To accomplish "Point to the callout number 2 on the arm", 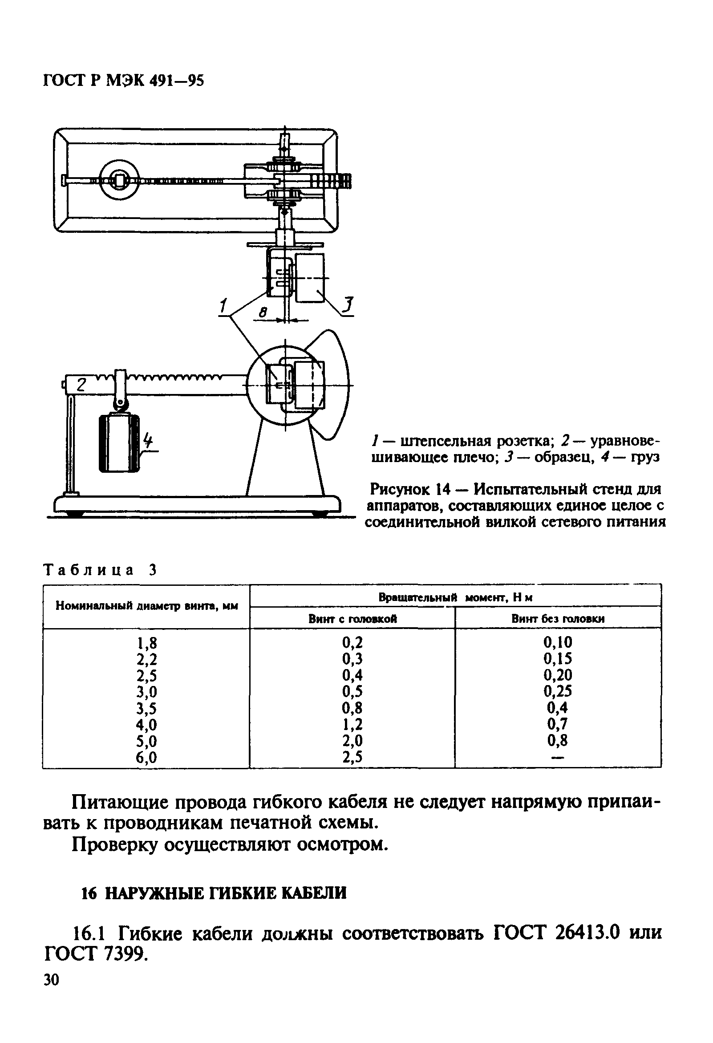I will pyautogui.click(x=81, y=385).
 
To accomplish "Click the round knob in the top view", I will pyautogui.click(x=119, y=180).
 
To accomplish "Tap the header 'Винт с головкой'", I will pyautogui.click(x=352, y=619).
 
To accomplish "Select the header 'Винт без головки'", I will pyautogui.click(x=558, y=619).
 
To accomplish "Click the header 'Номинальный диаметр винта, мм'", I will pyautogui.click(x=146, y=606).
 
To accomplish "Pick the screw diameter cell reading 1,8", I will pyautogui.click(x=147, y=644).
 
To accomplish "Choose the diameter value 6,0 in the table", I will pyautogui.click(x=147, y=758).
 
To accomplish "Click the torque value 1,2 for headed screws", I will pyautogui.click(x=352, y=724).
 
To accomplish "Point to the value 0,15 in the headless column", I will pyautogui.click(x=558, y=659).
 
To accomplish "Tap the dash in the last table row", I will pyautogui.click(x=557, y=758).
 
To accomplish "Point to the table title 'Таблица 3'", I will pyautogui.click(x=100, y=570).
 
